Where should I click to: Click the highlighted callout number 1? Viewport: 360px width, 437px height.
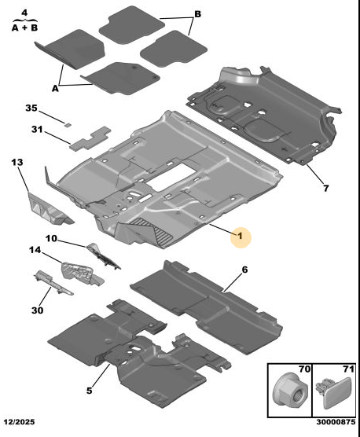point(241,237)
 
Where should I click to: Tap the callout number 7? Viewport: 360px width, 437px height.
point(325,189)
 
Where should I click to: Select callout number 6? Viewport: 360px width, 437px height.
point(244,270)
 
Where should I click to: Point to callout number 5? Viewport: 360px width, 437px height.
point(89,391)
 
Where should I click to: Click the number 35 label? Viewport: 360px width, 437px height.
point(31,108)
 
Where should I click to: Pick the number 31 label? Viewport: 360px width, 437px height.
point(37,130)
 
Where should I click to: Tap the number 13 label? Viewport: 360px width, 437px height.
point(17,162)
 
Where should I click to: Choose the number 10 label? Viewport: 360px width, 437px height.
point(51,239)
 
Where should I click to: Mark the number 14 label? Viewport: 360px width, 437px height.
point(35,250)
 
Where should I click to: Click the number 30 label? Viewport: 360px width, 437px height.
point(38,310)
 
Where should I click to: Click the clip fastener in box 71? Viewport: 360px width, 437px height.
point(334,392)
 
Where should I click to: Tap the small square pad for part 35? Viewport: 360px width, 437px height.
point(67,124)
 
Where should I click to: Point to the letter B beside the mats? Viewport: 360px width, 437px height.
point(197,14)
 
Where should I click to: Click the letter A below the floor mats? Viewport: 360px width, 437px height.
point(55,88)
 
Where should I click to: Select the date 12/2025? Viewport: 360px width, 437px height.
point(20,421)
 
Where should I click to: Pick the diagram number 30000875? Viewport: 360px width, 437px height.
point(336,421)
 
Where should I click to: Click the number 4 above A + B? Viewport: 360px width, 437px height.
point(24,13)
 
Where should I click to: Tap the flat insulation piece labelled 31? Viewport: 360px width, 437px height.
point(90,138)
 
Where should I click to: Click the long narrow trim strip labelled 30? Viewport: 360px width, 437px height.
point(53,282)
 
